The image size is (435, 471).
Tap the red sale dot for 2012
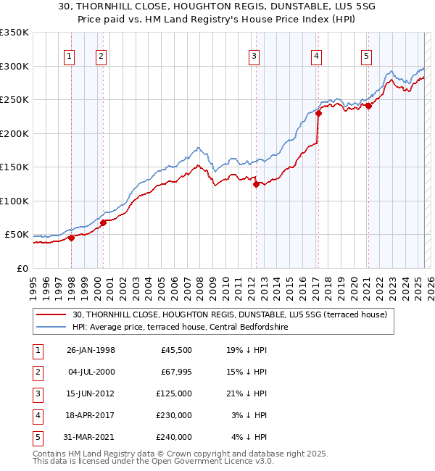(256, 184)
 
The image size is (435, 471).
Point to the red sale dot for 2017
(318, 114)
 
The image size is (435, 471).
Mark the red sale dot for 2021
(368, 106)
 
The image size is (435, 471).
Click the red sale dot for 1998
(72, 238)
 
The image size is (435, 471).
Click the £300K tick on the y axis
(14, 66)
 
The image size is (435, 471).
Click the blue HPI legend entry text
(181, 328)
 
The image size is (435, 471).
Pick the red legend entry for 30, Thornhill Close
(231, 314)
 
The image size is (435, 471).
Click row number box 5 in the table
(36, 437)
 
